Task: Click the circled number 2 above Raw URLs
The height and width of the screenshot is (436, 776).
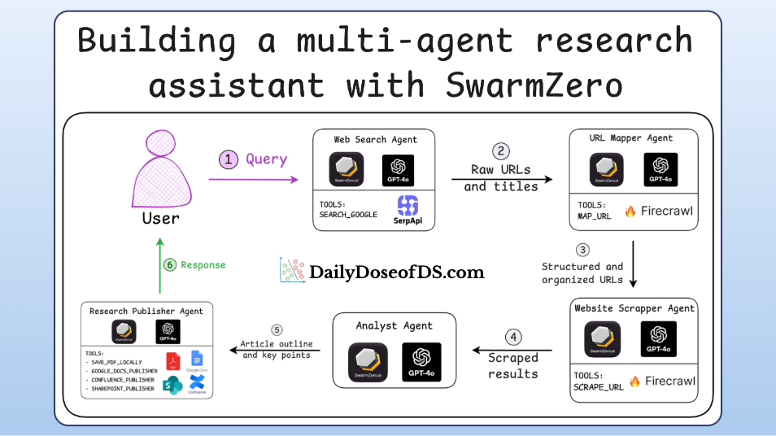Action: (x=502, y=151)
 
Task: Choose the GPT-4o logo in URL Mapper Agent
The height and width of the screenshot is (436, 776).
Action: (x=660, y=170)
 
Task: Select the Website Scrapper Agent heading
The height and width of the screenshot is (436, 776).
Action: (x=634, y=309)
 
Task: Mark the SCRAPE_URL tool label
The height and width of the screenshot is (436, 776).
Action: (x=599, y=386)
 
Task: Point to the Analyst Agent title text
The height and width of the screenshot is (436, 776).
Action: (x=395, y=326)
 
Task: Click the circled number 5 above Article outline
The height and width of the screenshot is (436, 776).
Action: (x=277, y=330)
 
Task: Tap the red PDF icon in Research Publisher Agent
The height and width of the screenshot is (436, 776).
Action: (x=173, y=360)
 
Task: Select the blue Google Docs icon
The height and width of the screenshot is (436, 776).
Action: (x=196, y=360)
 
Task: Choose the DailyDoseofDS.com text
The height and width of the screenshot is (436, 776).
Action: (x=396, y=272)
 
